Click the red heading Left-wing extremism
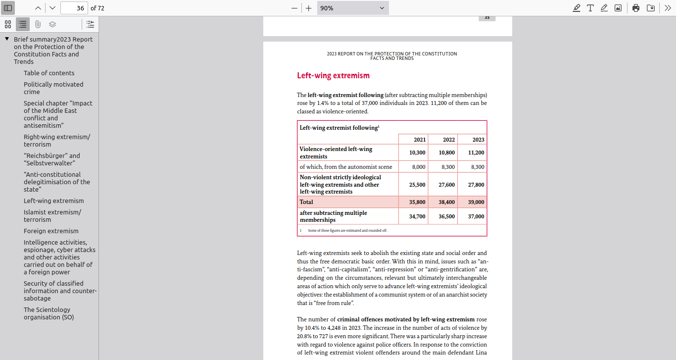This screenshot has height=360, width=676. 333,76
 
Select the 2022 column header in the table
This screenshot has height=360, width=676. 448,140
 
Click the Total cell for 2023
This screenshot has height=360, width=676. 476,202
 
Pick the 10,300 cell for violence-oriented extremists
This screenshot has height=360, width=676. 417,153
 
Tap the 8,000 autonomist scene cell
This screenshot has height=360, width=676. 419,167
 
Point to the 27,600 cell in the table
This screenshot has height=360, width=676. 446,185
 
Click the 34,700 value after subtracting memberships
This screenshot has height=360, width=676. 417,216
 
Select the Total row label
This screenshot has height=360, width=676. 306,202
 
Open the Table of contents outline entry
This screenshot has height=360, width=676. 49,73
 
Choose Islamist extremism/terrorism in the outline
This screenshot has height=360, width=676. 52,216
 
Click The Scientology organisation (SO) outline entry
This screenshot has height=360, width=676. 48,313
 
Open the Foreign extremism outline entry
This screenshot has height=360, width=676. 51,231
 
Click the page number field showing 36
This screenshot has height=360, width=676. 74,8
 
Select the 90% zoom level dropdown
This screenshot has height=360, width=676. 352,8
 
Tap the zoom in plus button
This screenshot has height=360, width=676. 309,8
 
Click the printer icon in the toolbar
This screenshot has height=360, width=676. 636,8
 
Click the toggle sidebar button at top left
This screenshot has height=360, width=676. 8,8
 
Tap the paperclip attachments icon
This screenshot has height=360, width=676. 38,24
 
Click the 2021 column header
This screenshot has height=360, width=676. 419,140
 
